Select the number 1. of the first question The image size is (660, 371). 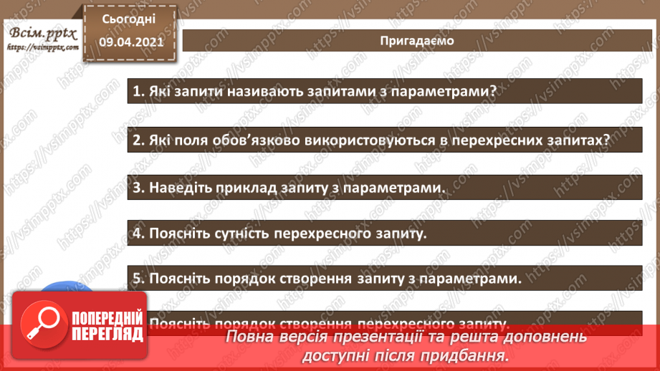139,92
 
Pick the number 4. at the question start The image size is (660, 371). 139,233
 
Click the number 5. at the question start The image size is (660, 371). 139,279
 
